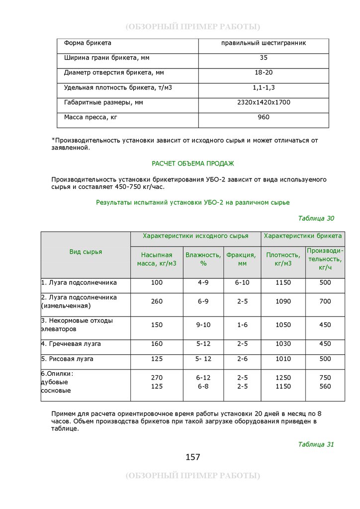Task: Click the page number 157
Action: tap(193, 457)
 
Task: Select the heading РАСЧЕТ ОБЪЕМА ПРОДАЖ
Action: tap(192, 164)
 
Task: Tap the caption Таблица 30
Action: tap(316, 218)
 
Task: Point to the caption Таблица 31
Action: tap(316, 444)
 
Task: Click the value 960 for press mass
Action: tap(264, 117)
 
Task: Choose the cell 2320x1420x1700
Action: tap(264, 102)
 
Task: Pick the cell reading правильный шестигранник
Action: tap(264, 43)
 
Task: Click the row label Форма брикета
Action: tap(88, 43)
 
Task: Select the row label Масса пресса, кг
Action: tap(90, 117)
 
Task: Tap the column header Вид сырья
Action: tap(86, 252)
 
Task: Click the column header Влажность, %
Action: tap(203, 259)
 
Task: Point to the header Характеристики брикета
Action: tap(303, 236)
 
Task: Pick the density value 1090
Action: tap(283, 302)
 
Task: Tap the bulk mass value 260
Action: tap(157, 302)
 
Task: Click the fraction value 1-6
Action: tap(242, 325)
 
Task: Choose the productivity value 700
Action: tap(325, 302)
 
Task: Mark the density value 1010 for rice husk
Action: tap(283, 359)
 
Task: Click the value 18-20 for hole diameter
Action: tap(264, 73)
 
